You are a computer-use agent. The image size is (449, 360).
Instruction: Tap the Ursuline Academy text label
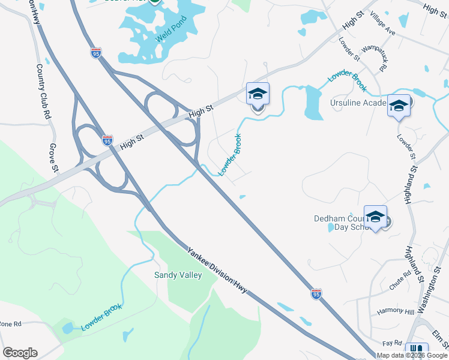358,103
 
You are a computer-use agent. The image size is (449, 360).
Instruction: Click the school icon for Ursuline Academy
399,106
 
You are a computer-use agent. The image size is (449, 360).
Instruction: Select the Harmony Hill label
396,311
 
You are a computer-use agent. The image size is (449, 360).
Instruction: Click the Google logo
20,353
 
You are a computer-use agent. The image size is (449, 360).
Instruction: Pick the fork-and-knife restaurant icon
417,350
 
